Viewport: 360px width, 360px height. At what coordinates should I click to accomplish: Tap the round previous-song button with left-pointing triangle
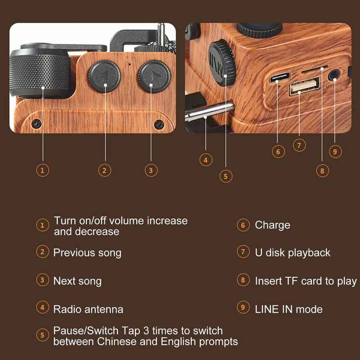point(104,77)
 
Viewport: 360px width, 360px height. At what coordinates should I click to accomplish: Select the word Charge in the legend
point(272,225)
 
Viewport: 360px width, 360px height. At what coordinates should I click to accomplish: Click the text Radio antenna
point(88,309)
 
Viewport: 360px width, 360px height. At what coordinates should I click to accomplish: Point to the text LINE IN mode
point(288,309)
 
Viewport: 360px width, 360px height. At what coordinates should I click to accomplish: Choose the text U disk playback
point(292,253)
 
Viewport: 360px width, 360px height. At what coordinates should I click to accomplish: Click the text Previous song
point(87,252)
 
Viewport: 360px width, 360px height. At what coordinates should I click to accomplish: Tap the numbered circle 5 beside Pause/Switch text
point(42,335)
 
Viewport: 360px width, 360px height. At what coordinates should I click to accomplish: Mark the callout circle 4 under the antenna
point(205,159)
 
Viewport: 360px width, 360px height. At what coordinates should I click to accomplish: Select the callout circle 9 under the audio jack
point(335,151)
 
